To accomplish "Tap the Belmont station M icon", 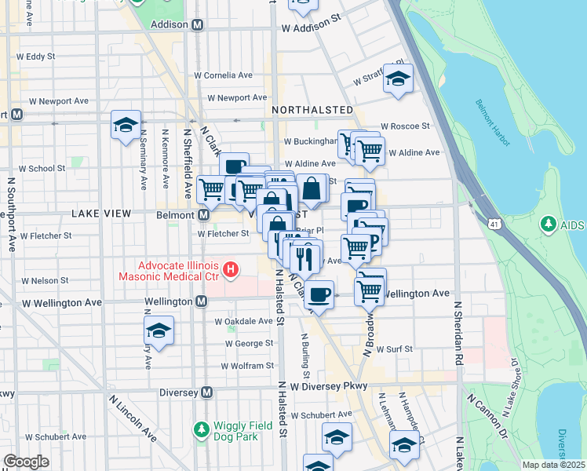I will tap(203, 214).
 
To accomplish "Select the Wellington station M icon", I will tap(202, 301).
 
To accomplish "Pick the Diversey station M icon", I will tap(207, 392).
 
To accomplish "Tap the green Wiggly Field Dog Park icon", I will tap(201, 429).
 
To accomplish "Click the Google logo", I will tap(26, 462).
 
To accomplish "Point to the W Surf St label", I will tap(394, 349).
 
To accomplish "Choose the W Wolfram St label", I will tap(246, 366).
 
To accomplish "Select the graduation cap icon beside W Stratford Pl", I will tap(399, 78).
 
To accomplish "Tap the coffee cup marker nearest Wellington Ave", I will tap(318, 295).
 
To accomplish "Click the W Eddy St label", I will tap(35, 57).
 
